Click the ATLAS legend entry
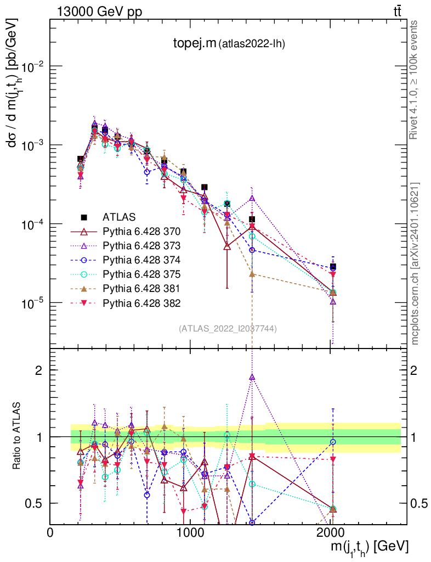coord(117,217)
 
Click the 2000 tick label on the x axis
coord(330,532)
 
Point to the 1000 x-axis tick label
coord(190,532)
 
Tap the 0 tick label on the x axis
coord(50,532)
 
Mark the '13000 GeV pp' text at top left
coord(99,12)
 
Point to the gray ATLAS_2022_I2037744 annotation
coord(228,329)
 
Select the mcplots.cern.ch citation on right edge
coord(415,263)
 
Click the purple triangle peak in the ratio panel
coord(252,377)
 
